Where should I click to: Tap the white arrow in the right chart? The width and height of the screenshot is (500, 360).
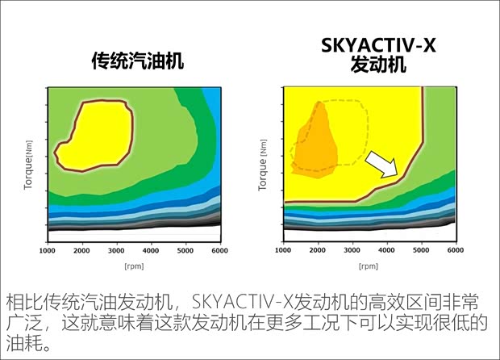tap(382, 165)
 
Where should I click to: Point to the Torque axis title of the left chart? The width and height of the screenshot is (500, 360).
tap(29, 161)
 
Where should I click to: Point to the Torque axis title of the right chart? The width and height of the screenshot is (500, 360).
tap(262, 161)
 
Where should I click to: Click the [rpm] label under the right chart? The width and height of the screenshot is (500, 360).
tap(369, 265)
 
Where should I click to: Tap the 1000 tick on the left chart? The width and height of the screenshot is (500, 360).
tap(47, 251)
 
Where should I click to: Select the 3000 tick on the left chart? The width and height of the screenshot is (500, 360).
tap(116, 251)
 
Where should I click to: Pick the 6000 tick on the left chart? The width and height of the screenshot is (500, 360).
tap(219, 251)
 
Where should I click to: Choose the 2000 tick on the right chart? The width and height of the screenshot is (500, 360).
tap(318, 251)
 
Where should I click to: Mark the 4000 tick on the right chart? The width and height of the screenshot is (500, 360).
tap(387, 251)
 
